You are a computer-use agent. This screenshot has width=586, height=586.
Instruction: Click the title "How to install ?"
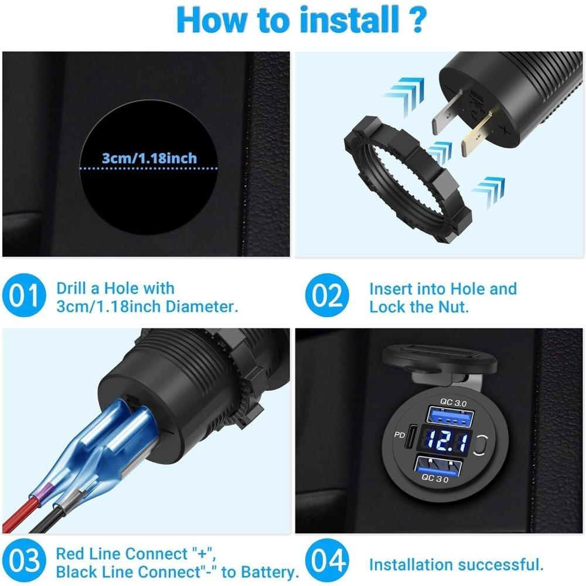(x=301, y=20)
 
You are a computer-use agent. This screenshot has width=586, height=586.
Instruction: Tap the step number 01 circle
(x=24, y=295)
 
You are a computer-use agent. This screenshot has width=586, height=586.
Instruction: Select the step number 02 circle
(x=327, y=295)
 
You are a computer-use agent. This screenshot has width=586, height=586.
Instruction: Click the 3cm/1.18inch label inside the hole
(x=149, y=158)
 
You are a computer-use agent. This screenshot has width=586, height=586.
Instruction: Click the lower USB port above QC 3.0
(x=437, y=466)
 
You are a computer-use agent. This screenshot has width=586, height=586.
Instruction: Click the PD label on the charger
(x=400, y=435)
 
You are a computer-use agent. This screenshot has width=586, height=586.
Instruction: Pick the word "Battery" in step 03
(x=270, y=572)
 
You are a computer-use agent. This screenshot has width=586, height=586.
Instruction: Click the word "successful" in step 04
(x=505, y=565)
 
